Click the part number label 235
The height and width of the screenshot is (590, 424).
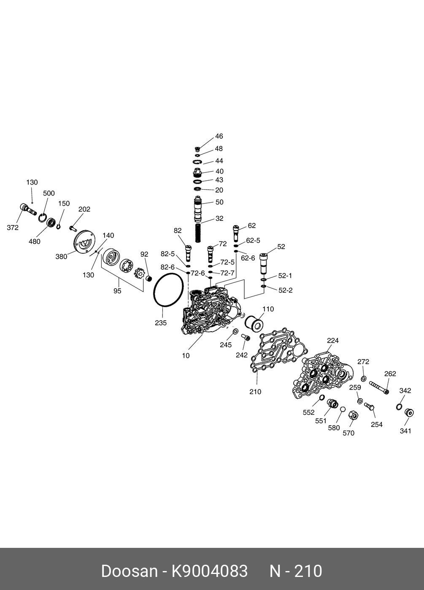point(161,323)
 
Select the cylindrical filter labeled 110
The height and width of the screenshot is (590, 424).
point(254,324)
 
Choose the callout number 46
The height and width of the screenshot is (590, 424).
point(219,137)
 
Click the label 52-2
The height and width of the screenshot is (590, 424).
point(285,290)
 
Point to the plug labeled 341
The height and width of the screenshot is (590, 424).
point(408,412)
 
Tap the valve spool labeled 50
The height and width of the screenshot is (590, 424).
point(198,209)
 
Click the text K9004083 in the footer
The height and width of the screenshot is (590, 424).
point(209,571)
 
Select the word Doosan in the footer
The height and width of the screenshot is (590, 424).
point(129,571)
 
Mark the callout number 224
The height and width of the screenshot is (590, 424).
point(333,341)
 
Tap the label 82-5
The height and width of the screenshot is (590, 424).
point(167,254)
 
